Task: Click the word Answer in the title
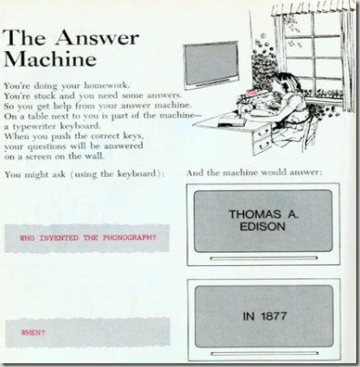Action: (96, 38)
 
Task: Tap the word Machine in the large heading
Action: (49, 58)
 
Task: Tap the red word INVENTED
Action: (59, 238)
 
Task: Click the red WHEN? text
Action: (32, 333)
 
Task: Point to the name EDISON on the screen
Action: (263, 227)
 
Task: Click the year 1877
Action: (274, 316)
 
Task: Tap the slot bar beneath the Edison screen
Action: (264, 259)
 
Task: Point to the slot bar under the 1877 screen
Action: (264, 353)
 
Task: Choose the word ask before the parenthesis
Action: (58, 175)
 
